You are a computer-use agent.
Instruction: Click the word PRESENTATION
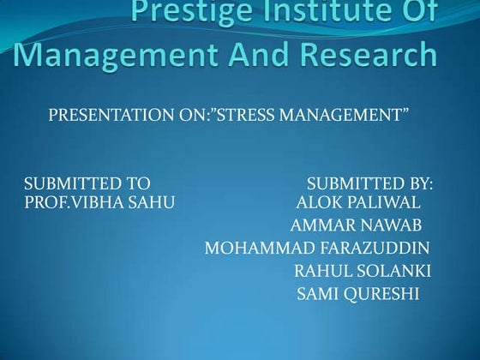tap(109, 115)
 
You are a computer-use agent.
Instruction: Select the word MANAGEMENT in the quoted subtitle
tap(343, 115)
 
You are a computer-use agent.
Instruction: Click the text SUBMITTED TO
tap(87, 183)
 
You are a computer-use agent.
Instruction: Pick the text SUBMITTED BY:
tap(369, 183)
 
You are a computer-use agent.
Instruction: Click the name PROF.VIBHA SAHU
tap(99, 202)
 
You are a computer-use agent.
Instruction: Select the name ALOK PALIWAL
tap(357, 202)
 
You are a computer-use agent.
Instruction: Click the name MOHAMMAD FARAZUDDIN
tap(317, 249)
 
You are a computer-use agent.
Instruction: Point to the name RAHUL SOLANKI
tap(362, 273)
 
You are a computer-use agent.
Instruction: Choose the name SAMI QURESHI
tap(357, 296)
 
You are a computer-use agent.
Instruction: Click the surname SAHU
tap(152, 202)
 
